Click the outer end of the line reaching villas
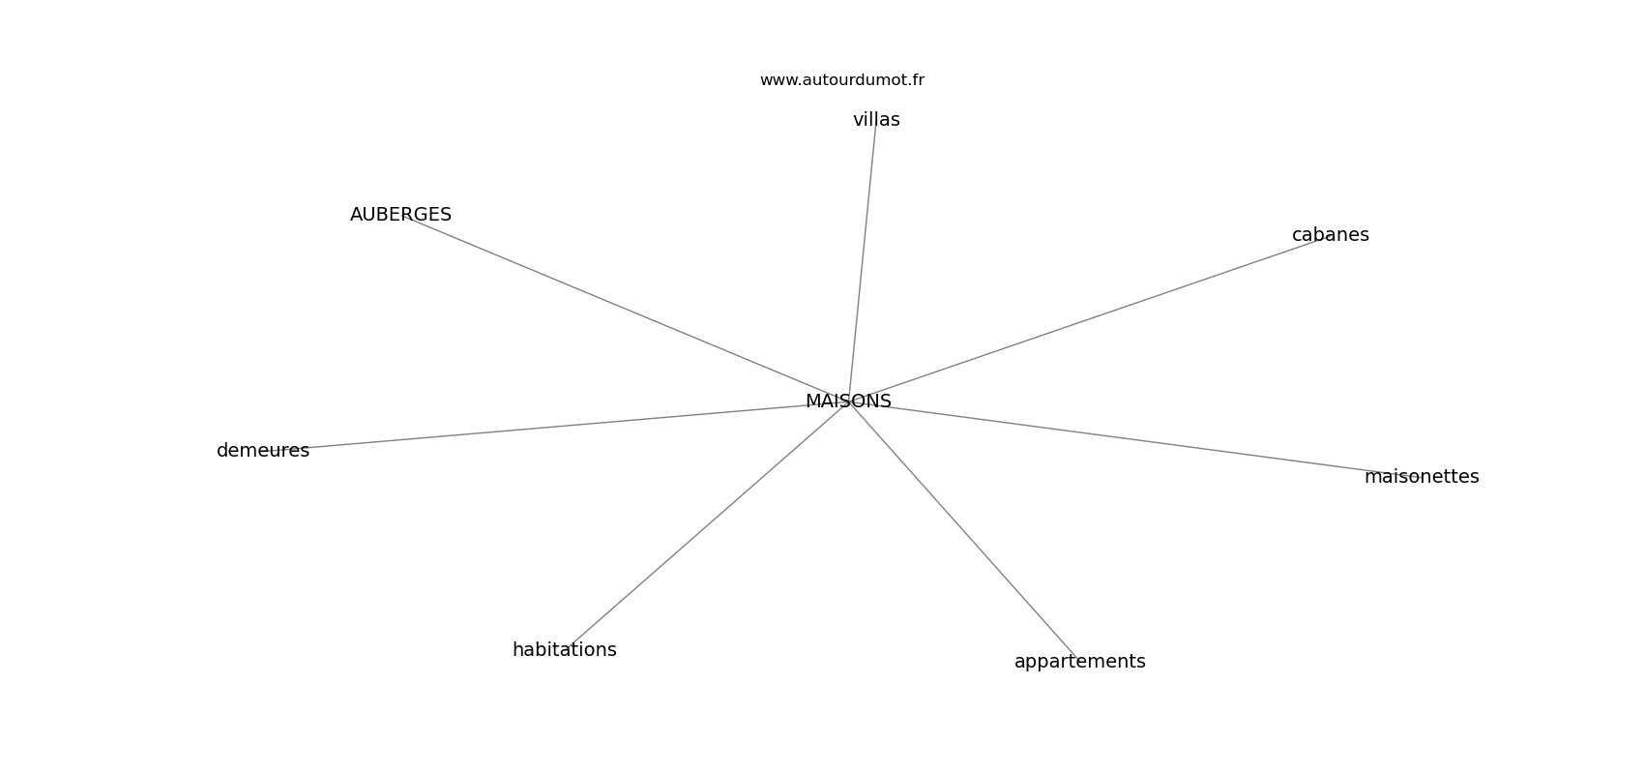(876, 120)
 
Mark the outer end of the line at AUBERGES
(401, 215)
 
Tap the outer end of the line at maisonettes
(1422, 477)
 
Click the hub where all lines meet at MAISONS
(848, 402)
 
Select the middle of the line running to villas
(863, 260)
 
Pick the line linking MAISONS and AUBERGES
(625, 309)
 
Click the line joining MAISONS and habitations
(707, 525)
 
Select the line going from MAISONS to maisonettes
(1134, 439)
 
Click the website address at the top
(841, 80)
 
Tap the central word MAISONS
(848, 402)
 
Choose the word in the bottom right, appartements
(1079, 662)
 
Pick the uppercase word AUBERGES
(400, 215)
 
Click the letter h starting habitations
(517, 649)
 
